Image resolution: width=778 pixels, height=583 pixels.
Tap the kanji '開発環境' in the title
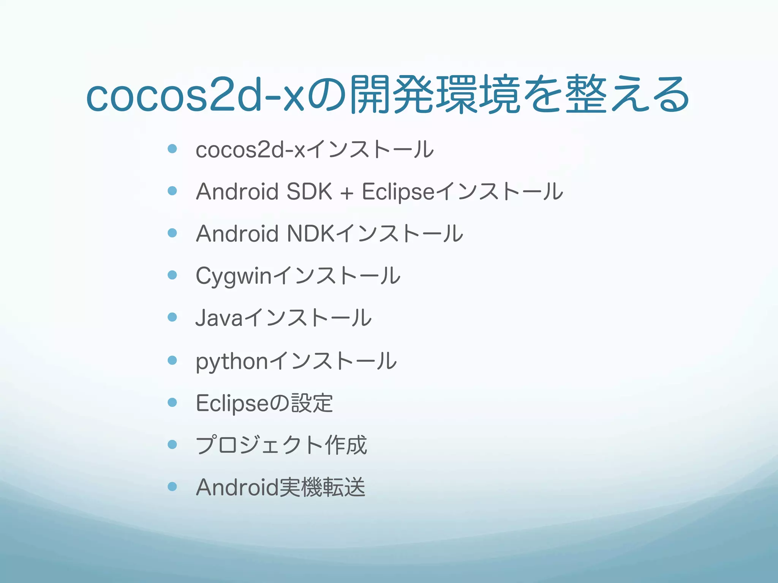[434, 95]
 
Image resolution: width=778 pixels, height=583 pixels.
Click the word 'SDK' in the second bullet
[309, 191]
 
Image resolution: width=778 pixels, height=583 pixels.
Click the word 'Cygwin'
[234, 276]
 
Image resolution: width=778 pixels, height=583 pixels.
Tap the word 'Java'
[219, 318]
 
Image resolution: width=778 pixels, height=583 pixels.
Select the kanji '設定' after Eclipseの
[312, 403]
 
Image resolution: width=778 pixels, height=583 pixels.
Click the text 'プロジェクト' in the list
[259, 445]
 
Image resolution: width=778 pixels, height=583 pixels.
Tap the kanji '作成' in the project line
[346, 445]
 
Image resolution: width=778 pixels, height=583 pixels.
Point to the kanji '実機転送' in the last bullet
[322, 487]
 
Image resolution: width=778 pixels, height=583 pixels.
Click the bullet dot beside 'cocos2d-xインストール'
[172, 148]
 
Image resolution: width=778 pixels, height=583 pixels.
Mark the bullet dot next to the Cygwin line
[172, 275]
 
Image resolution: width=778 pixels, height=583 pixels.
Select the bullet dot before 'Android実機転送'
[172, 486]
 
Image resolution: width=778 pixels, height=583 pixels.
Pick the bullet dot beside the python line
[172, 360]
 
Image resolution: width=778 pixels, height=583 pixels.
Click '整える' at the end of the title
[627, 95]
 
